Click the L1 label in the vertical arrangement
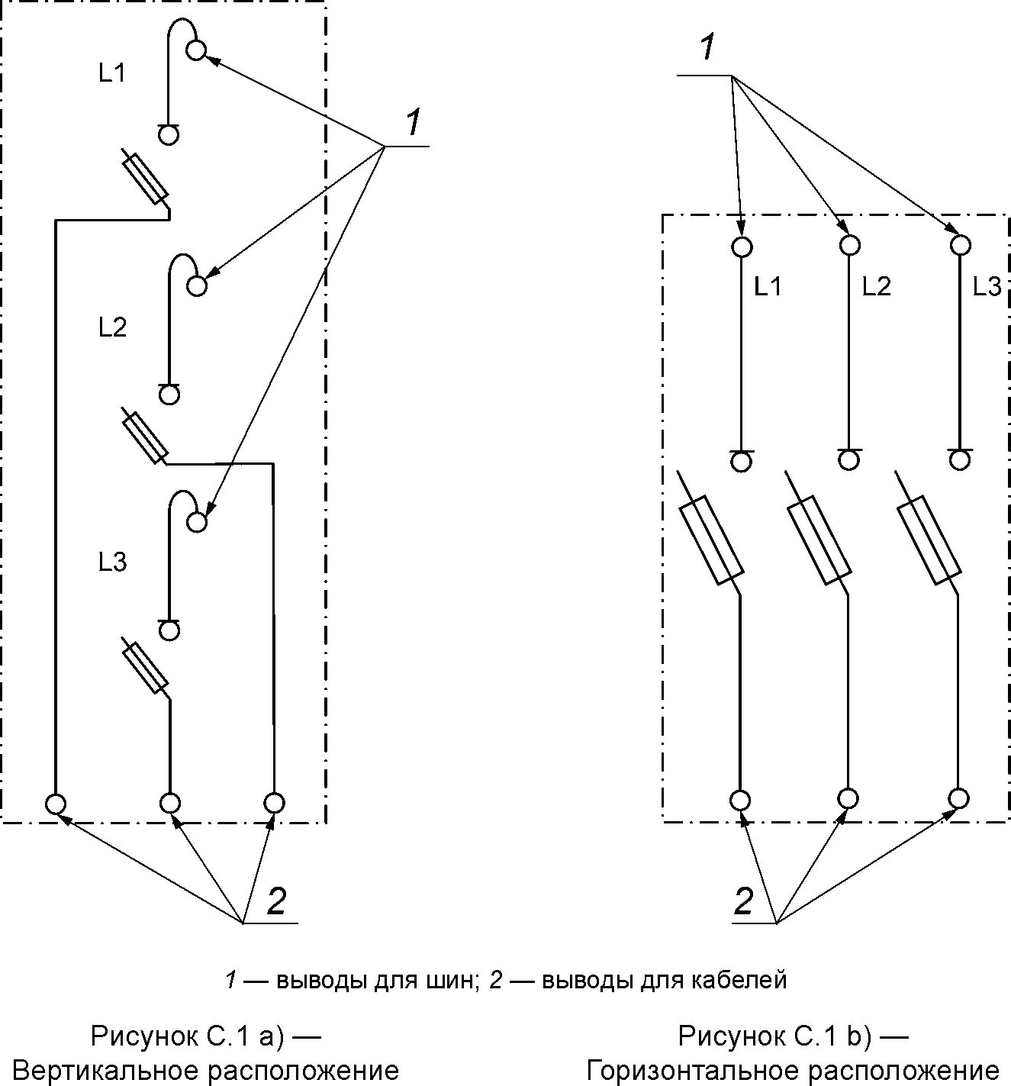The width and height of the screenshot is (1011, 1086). (x=112, y=73)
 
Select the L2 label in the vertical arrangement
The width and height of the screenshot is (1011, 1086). (x=113, y=327)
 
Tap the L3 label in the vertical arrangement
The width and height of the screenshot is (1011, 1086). (x=113, y=562)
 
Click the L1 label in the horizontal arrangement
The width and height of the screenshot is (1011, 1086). (x=768, y=286)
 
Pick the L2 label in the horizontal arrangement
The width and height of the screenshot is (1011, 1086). (x=877, y=286)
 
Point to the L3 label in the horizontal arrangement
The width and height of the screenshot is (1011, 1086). (x=987, y=286)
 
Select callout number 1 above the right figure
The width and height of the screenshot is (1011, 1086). (x=708, y=47)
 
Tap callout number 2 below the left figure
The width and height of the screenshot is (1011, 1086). (x=277, y=901)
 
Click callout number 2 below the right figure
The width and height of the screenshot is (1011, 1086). (x=744, y=901)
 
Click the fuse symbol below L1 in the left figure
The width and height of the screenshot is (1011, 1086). (x=145, y=179)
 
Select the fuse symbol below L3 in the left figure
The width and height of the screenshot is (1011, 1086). (x=144, y=668)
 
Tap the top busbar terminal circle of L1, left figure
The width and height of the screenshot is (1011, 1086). (x=196, y=50)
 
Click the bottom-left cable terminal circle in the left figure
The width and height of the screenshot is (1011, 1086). (x=55, y=804)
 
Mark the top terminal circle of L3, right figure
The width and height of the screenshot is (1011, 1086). (x=960, y=244)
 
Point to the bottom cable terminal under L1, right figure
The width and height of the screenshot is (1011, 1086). (x=740, y=801)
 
